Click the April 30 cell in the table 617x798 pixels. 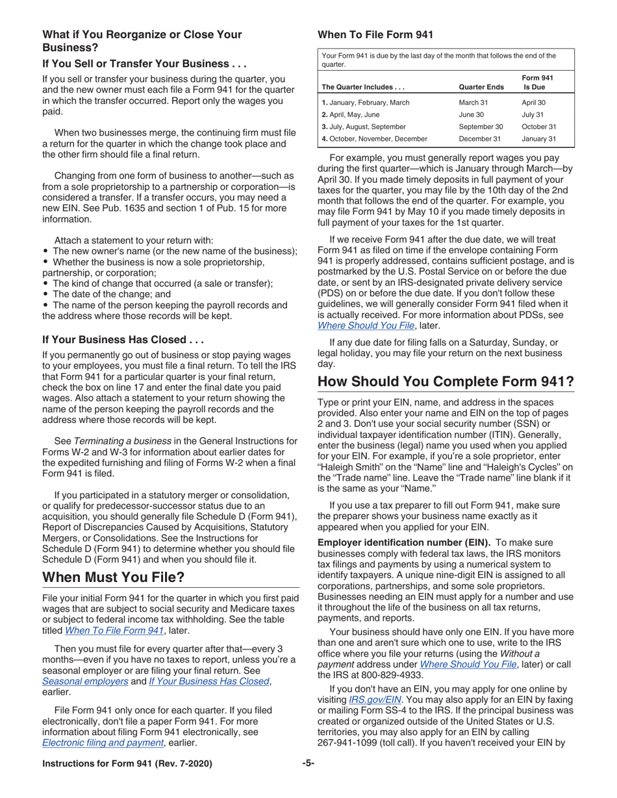point(533,103)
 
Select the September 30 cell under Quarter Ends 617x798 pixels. point(481,127)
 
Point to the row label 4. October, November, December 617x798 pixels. point(375,138)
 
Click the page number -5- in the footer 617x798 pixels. point(308,764)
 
